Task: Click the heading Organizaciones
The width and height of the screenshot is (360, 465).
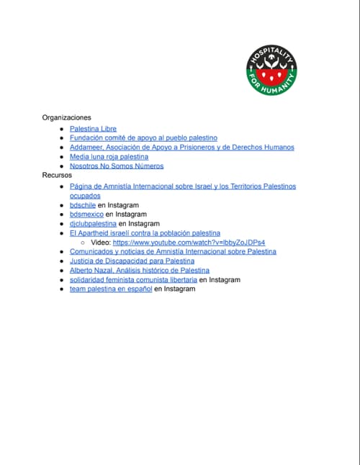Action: [66, 117]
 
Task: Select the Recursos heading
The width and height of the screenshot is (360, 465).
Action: [57, 175]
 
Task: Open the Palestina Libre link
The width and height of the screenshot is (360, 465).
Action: [93, 128]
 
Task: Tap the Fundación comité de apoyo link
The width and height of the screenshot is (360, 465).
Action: [143, 137]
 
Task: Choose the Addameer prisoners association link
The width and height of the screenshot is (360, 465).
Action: [181, 147]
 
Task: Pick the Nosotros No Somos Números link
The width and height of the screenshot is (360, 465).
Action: [116, 166]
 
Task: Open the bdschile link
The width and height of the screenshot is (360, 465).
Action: [82, 204]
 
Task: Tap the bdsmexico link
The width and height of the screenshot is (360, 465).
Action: [86, 214]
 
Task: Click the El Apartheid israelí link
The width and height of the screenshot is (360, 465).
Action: [145, 233]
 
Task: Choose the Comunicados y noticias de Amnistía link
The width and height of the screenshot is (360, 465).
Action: [172, 251]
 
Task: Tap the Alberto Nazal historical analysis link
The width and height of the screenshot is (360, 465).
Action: [139, 270]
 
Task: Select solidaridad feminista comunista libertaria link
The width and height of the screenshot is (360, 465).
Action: [133, 279]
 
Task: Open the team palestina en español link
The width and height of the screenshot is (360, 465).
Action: [110, 289]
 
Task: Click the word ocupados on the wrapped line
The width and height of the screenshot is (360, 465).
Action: [85, 195]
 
